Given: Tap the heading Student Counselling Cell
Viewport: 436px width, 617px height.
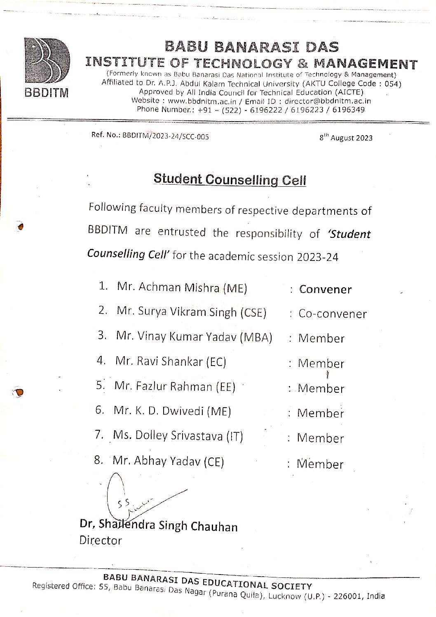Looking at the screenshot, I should coord(230,180).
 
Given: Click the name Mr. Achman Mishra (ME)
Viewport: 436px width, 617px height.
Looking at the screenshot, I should coord(182,287).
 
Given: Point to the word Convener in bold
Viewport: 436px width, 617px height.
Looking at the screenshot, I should coord(325,289).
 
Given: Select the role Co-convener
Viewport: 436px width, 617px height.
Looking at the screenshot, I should coord(332,314).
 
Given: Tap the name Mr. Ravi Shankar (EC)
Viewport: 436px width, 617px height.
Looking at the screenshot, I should coord(171,361).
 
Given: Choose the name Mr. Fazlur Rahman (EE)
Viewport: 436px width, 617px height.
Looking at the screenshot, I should coord(175,387).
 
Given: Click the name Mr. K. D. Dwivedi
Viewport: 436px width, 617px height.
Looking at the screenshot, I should coord(172,411).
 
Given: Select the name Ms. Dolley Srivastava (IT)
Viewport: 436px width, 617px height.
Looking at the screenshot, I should coord(178,436).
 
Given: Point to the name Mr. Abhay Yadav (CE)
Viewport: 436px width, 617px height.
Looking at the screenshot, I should coord(168,461).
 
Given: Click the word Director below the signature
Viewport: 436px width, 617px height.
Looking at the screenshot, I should coord(101,540).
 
